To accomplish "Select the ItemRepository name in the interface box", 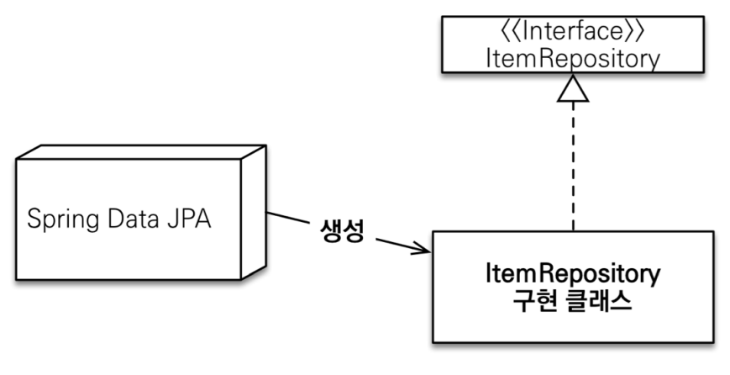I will (573, 59).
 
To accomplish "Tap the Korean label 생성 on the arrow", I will (341, 231).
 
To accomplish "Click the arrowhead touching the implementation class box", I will (423, 249).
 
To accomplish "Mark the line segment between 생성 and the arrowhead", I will (395, 243).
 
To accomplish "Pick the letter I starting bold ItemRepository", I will (491, 273).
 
